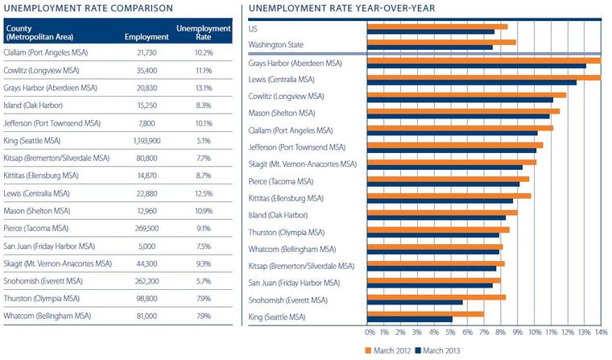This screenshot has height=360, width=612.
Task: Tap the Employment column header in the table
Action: [146, 36]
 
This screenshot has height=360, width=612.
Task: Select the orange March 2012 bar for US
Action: [436, 27]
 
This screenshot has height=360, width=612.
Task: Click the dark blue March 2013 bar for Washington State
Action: [429, 48]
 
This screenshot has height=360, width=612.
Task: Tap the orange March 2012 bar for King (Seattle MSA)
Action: [425, 313]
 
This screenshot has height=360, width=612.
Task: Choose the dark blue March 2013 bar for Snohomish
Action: [415, 303]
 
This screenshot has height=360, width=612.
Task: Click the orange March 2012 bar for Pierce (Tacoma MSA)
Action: [448, 179]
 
